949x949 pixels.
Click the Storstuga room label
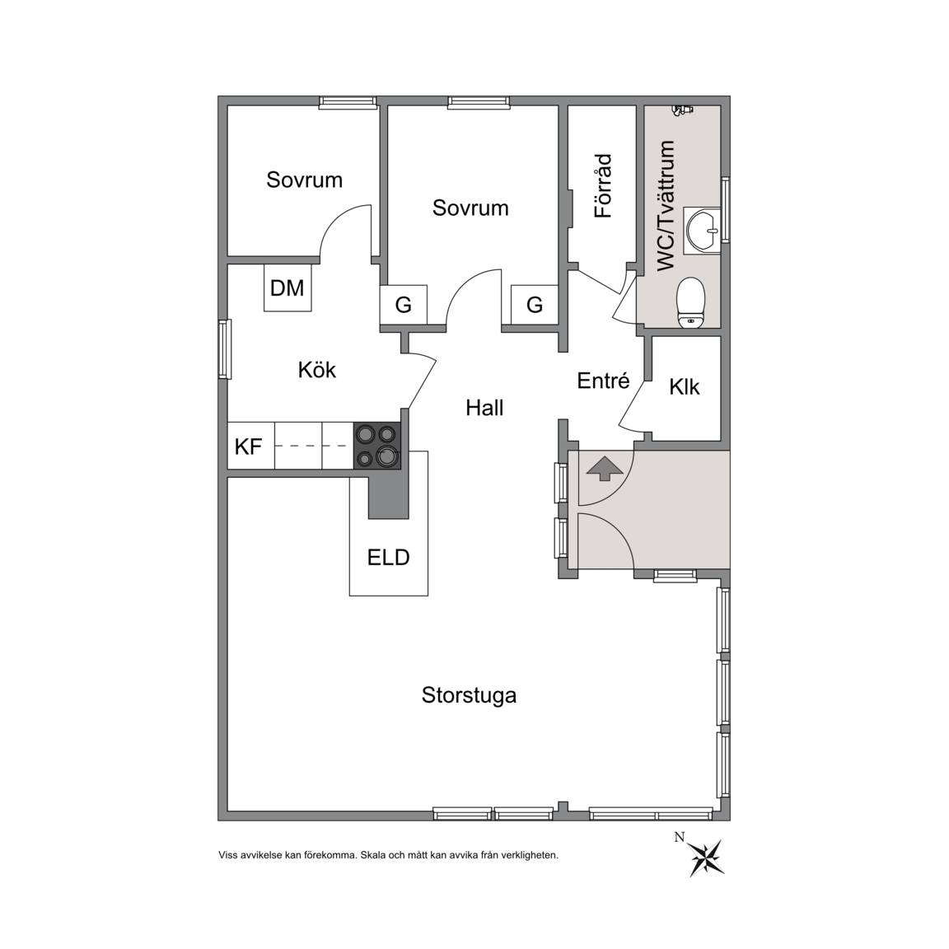[469, 695]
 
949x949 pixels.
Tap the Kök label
[316, 370]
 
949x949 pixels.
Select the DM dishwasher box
[288, 288]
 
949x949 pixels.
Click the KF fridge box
[250, 446]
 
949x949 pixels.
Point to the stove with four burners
[376, 446]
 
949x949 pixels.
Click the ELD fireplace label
[389, 557]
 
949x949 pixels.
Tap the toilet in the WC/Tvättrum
[690, 302]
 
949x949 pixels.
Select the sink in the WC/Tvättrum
[702, 231]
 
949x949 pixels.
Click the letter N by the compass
[680, 838]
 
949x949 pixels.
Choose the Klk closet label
[685, 386]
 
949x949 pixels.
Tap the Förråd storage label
[603, 186]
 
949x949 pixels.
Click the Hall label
[484, 408]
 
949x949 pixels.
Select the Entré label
[603, 380]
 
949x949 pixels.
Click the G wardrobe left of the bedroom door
[404, 305]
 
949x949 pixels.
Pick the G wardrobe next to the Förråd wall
[535, 305]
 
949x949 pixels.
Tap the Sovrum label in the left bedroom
[305, 180]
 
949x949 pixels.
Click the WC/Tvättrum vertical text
[666, 206]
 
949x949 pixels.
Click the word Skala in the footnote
[372, 855]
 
